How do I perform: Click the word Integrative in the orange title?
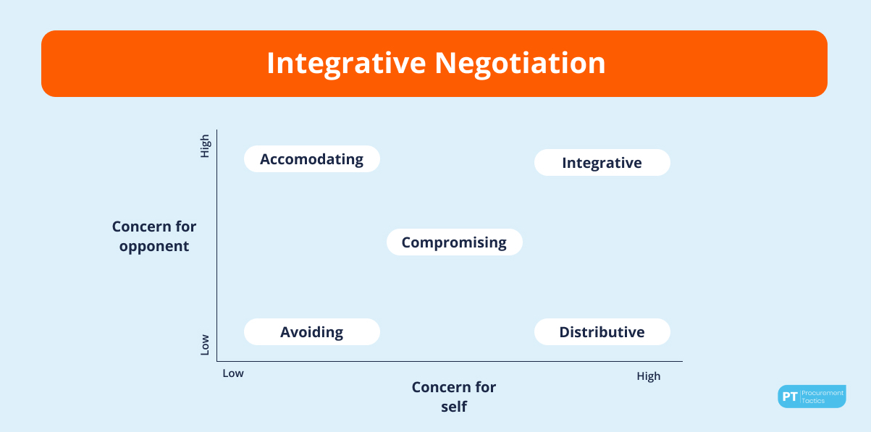tap(346, 64)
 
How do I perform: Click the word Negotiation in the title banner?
tap(520, 63)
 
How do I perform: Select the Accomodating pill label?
tap(312, 159)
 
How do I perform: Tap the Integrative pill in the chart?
tap(602, 162)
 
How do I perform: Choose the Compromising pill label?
tap(454, 242)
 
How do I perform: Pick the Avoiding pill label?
tap(312, 331)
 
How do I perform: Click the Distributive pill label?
tap(602, 331)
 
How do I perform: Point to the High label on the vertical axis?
tap(205, 146)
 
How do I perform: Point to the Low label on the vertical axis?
tap(205, 344)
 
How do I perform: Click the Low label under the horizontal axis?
tap(233, 373)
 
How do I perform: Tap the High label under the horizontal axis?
tap(648, 376)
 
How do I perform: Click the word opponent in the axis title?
tap(154, 247)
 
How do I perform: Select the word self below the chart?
tap(454, 407)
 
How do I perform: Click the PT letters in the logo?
tap(790, 397)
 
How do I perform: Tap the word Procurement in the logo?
tap(822, 393)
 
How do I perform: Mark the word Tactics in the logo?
tap(813, 401)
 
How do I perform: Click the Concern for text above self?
tap(454, 387)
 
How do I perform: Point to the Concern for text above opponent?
tap(154, 226)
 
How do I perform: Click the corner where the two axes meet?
tap(217, 361)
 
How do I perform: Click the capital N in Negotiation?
tap(445, 64)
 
